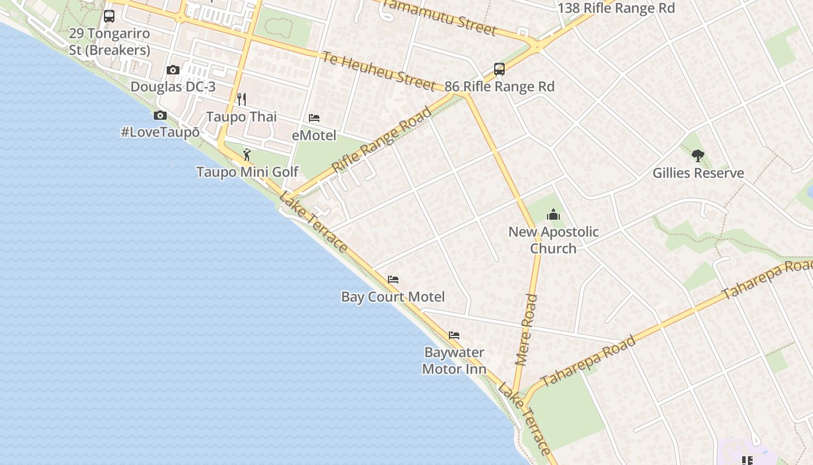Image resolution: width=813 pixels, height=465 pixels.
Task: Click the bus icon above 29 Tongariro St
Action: (109, 16)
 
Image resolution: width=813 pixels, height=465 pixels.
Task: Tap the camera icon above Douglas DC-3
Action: (172, 70)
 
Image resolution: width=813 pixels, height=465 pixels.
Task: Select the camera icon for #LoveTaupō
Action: (160, 115)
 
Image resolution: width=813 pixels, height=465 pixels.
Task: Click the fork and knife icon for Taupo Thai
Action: (242, 99)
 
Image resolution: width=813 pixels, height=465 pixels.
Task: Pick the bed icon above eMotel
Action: (314, 118)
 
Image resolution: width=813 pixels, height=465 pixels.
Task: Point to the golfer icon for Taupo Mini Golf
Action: (247, 155)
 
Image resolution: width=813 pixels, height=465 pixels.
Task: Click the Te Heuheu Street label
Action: (379, 71)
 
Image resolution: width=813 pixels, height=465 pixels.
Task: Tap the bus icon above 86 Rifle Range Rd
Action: (499, 69)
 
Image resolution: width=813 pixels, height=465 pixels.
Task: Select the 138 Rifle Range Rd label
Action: (616, 8)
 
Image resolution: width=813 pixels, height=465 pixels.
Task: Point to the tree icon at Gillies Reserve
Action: (698, 156)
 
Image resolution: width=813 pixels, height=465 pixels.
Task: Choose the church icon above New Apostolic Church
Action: (553, 214)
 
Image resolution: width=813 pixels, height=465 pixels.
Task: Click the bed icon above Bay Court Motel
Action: (393, 280)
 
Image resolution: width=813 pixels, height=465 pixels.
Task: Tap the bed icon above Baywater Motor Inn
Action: (454, 335)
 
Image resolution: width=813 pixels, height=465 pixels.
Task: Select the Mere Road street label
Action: (526, 330)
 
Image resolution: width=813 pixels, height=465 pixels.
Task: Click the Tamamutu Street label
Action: (440, 17)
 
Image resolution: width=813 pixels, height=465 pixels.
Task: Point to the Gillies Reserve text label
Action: (698, 173)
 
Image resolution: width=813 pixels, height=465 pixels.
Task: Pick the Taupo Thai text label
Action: (242, 117)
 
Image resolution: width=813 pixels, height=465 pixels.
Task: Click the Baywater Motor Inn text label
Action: (454, 360)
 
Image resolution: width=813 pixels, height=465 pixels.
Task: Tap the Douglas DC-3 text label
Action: (173, 87)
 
